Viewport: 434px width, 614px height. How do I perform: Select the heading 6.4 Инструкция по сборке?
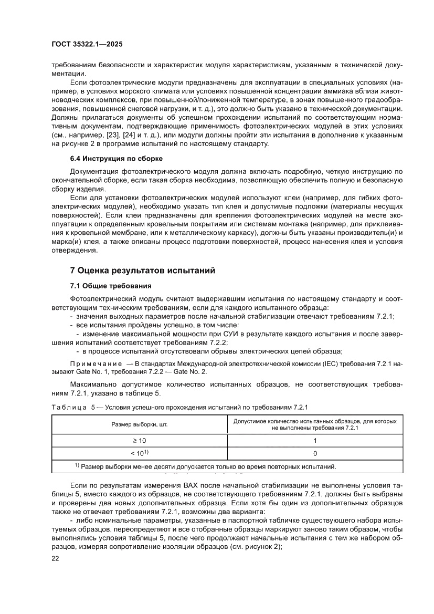(x=116, y=159)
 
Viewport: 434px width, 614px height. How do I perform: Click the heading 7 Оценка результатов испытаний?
(x=143, y=270)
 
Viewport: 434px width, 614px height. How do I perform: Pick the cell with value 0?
(x=315, y=453)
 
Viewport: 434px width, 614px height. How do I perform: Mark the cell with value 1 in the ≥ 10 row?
(x=315, y=441)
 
